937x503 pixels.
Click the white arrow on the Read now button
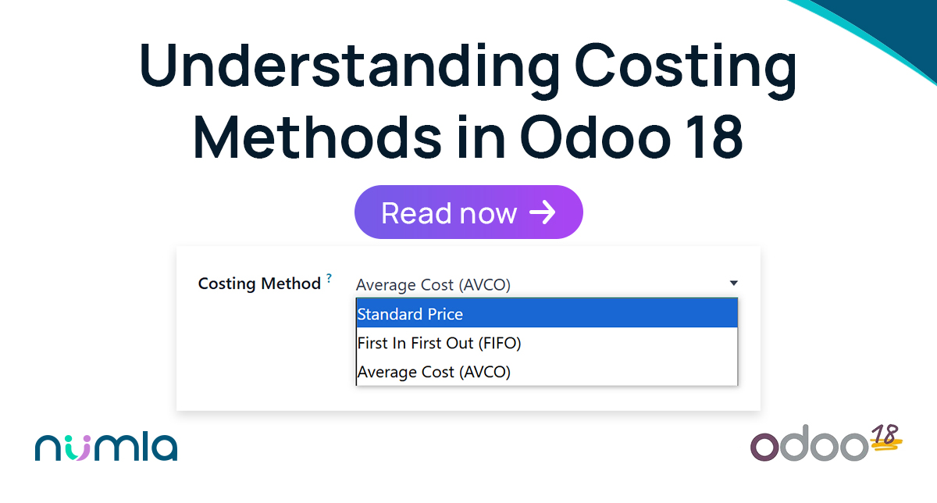pos(542,212)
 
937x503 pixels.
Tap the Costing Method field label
pos(259,284)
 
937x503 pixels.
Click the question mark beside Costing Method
pos(329,277)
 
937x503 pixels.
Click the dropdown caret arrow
pos(733,284)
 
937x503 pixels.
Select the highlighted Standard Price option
pos(410,314)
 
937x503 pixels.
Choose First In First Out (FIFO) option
pos(439,343)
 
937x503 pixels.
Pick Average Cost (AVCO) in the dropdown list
pos(433,373)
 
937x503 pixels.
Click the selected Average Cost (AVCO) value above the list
pos(433,285)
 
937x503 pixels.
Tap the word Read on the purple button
pos(415,212)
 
